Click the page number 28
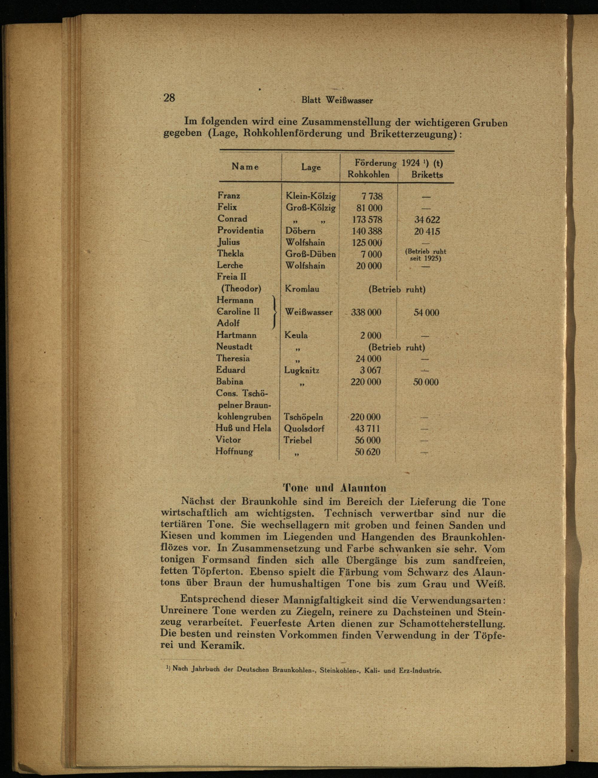(169, 97)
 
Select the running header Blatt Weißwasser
(337, 100)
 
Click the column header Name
(245, 166)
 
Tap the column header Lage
(311, 167)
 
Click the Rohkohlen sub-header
(368, 175)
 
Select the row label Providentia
(241, 230)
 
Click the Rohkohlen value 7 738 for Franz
(372, 196)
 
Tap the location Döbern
(300, 231)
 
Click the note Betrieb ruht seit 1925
(425, 255)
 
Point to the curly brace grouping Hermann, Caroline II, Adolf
(274, 312)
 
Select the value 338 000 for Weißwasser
(366, 312)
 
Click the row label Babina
(230, 382)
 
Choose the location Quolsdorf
(304, 429)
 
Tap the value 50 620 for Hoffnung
(367, 452)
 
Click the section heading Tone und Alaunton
(334, 487)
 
